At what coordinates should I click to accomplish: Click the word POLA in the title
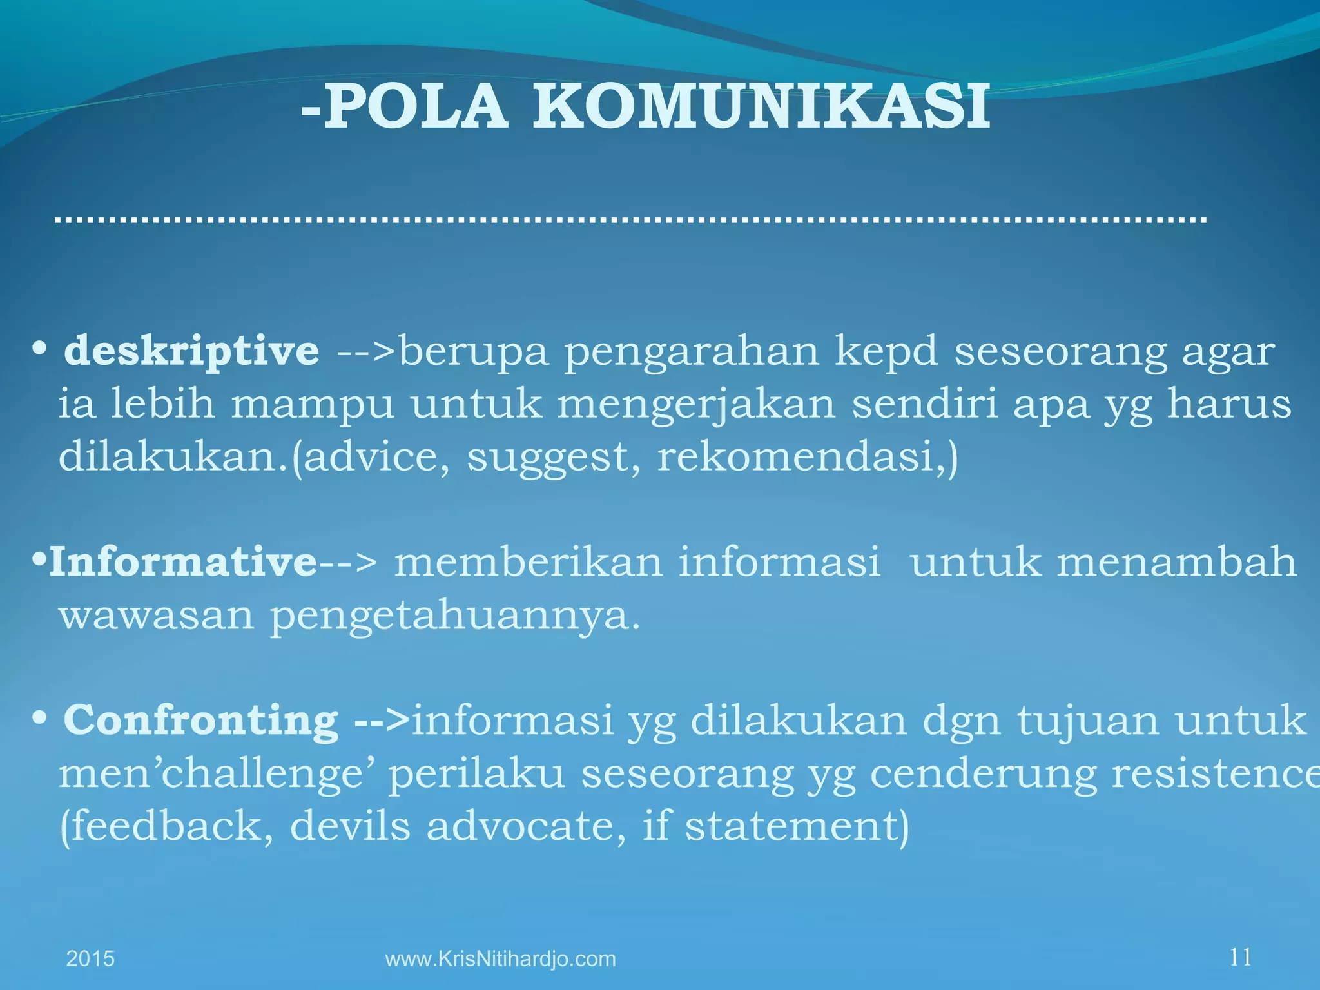click(x=416, y=107)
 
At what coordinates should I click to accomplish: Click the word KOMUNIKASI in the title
click(x=761, y=107)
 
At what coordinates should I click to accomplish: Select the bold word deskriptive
click(x=191, y=351)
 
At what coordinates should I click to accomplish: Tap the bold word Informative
click(x=183, y=561)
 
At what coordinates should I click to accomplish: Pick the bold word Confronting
click(x=200, y=719)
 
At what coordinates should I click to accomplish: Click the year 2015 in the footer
click(x=90, y=958)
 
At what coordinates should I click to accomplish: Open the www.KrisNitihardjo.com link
click(x=500, y=958)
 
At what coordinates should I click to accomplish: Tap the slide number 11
click(x=1241, y=957)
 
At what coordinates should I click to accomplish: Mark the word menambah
click(x=1176, y=561)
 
